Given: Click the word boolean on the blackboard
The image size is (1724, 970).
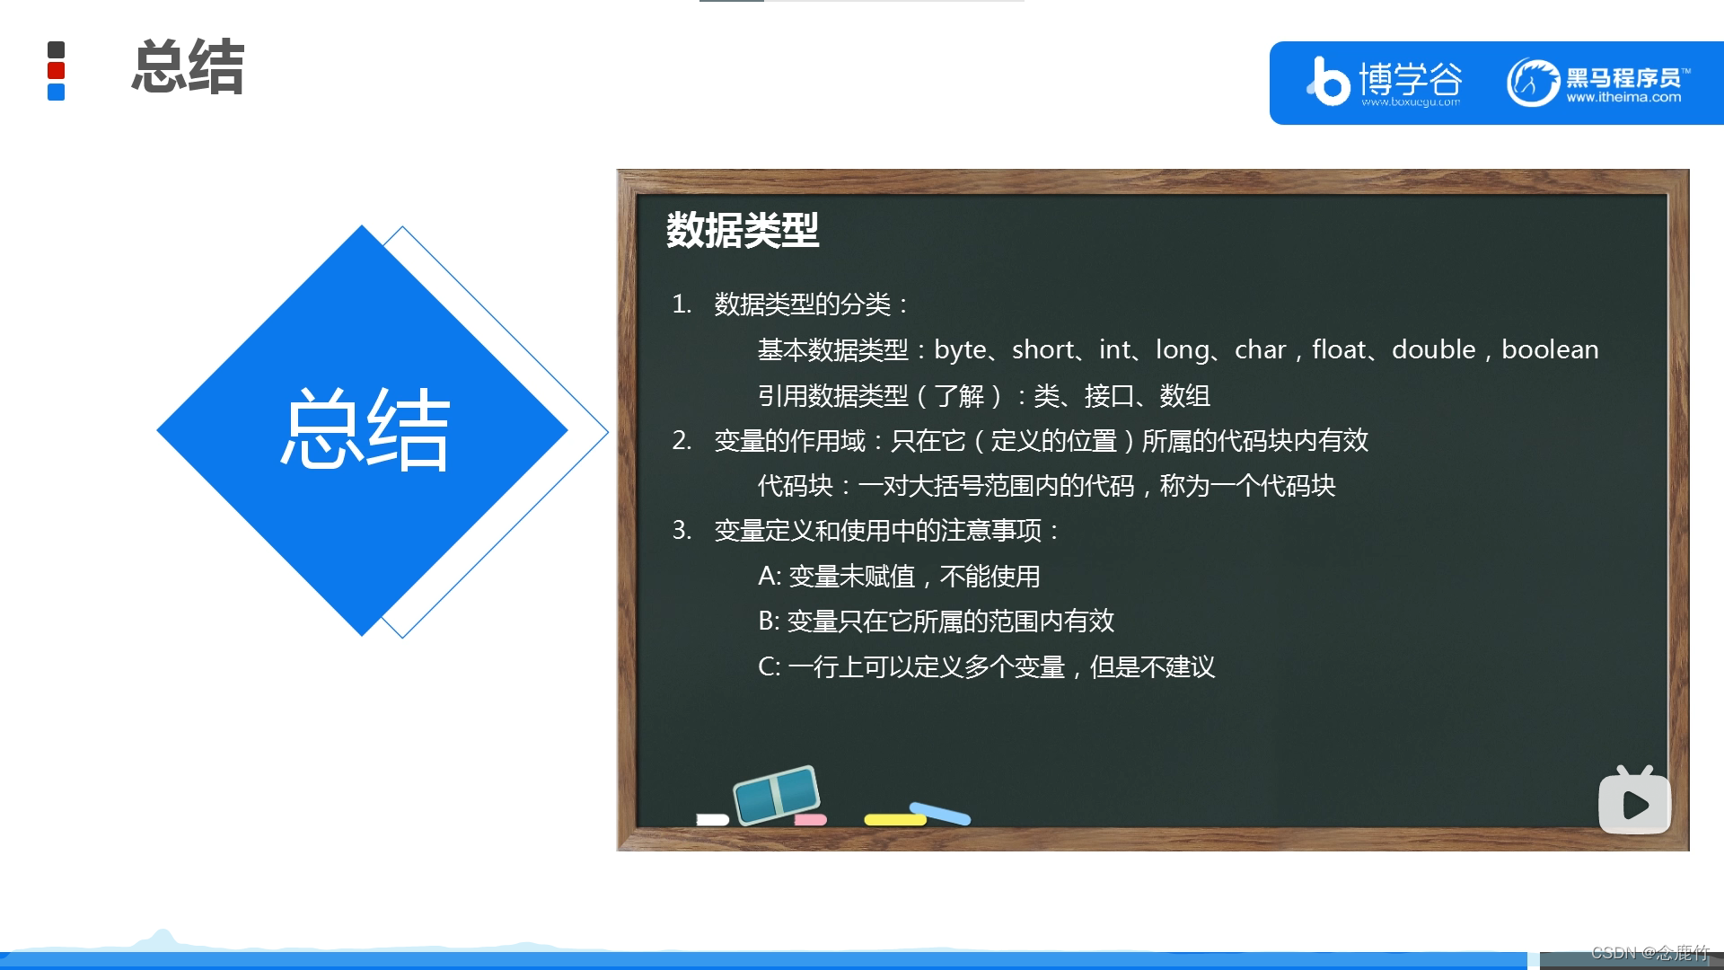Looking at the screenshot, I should tap(1550, 349).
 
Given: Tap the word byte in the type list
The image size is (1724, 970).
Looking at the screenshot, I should tap(960, 350).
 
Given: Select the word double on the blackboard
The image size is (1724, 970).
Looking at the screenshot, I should tap(1433, 349).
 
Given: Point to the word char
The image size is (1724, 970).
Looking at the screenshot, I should tap(1260, 349).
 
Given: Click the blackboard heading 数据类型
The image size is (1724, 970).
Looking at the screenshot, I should tap(742, 230).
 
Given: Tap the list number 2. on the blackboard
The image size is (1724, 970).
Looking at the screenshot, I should tap(682, 440).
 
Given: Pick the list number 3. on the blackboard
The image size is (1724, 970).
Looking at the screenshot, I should tap(682, 530).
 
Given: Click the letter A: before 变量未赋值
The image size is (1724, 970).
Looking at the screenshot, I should tap(770, 576).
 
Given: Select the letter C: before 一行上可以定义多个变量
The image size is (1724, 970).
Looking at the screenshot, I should tap(770, 666).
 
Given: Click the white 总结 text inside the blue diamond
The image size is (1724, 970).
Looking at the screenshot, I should tap(365, 430).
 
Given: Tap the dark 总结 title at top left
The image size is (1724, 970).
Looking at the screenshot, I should tap(188, 67).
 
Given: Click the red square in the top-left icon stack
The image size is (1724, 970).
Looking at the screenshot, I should tap(56, 71).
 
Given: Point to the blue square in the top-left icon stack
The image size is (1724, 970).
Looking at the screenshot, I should tap(56, 92).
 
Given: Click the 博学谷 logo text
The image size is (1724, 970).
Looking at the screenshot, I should tap(1410, 79).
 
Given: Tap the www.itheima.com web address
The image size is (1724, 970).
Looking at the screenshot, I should tap(1623, 98).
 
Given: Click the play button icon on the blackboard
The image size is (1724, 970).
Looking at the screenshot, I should tap(1634, 804).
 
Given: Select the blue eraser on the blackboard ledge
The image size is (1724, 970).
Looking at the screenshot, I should tap(778, 794).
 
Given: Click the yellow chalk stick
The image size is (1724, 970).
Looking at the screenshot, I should tap(894, 819).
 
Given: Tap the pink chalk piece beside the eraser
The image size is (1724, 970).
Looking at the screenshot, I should tap(810, 820).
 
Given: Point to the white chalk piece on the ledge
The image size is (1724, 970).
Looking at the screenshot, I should tap(712, 819).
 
